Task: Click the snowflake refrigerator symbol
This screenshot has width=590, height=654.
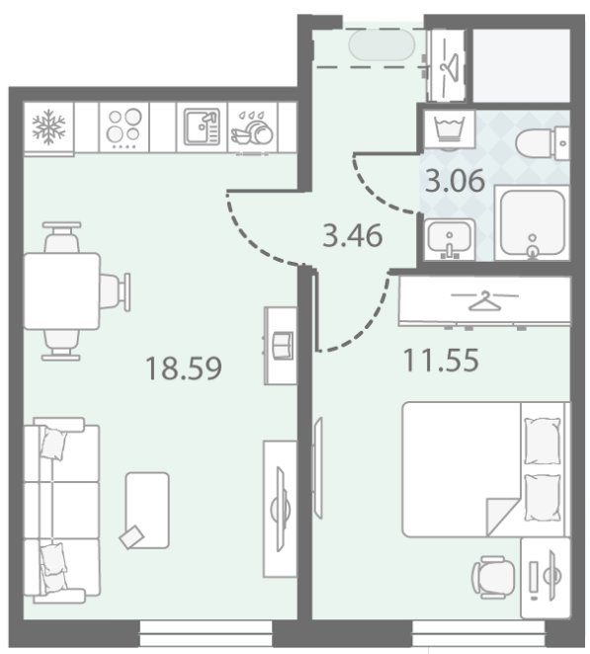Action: (48, 126)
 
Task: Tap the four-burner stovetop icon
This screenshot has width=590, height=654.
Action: (124, 127)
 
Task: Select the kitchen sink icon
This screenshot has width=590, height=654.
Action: (202, 126)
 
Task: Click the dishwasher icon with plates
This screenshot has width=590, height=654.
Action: (252, 127)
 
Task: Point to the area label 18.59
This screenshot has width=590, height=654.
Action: (184, 368)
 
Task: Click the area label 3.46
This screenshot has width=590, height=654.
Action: (353, 236)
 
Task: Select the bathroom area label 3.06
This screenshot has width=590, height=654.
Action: (455, 181)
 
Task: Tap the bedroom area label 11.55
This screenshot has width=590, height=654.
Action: (441, 360)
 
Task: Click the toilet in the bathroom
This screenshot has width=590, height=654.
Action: (542, 143)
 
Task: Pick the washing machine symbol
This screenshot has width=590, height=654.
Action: (450, 128)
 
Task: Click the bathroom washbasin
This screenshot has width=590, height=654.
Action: (450, 239)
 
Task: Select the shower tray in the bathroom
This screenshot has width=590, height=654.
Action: (532, 223)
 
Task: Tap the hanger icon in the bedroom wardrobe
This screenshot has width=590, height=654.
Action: (484, 300)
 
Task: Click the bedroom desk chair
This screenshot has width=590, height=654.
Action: (493, 577)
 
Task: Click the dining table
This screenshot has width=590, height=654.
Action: (61, 291)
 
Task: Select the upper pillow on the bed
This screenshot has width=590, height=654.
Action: (542, 441)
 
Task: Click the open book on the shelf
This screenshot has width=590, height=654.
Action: (283, 346)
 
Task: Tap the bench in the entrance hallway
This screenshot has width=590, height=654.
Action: (381, 45)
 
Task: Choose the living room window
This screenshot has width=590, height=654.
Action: (206, 632)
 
